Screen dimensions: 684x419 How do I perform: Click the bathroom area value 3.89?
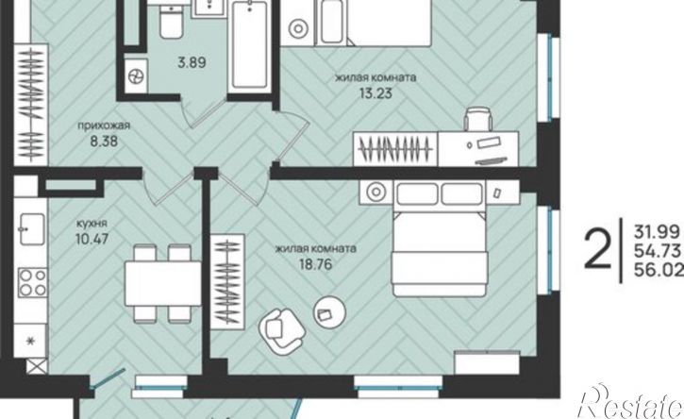tap(192, 62)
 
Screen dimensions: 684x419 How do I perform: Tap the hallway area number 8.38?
tap(104, 141)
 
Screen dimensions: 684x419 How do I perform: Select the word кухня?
tap(92, 224)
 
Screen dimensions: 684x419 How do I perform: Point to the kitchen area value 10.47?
tap(92, 239)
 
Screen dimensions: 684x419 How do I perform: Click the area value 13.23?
tap(375, 93)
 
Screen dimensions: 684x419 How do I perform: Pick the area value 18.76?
tap(316, 264)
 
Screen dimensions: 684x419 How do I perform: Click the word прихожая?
tap(104, 126)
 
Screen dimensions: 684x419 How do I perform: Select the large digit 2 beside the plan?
tap(597, 250)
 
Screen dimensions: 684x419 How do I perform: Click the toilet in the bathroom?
tap(171, 21)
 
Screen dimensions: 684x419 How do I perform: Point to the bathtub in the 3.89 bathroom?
tap(249, 45)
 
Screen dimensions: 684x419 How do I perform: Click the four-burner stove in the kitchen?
tap(33, 282)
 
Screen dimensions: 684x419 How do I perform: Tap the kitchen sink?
tap(31, 228)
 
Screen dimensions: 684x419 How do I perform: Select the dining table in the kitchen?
tap(162, 283)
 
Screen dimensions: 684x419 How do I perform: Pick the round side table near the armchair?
tap(330, 311)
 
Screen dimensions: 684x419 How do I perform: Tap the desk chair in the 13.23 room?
tap(478, 119)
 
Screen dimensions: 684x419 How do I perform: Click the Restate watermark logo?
tap(630, 402)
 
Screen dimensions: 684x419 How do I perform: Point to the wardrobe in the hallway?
tap(31, 105)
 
